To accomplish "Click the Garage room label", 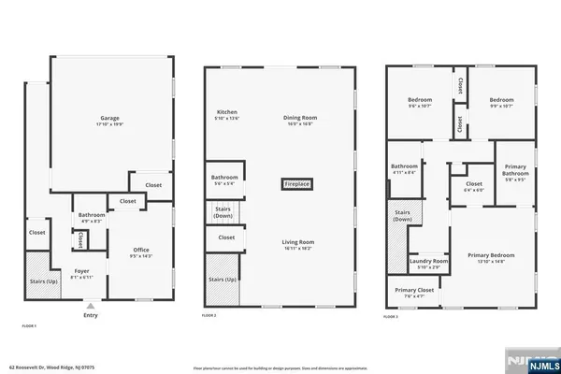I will tap(111, 120).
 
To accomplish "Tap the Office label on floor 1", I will tap(141, 250).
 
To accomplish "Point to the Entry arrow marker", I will tap(91, 305).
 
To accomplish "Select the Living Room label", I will tap(296, 244).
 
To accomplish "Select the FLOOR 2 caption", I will tap(209, 316).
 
